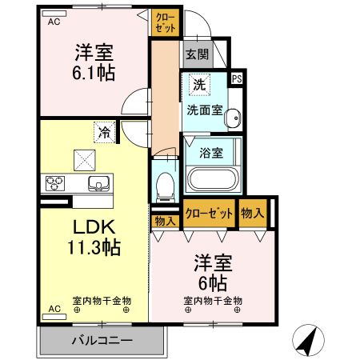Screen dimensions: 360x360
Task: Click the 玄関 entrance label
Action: coord(196,54)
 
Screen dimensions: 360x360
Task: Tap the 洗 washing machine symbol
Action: coord(196,82)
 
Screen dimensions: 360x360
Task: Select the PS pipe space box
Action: coord(236,78)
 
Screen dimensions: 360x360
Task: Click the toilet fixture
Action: coord(166,184)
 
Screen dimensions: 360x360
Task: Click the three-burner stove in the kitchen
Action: coord(57,183)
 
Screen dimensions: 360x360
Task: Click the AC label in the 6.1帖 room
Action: coord(54,22)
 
